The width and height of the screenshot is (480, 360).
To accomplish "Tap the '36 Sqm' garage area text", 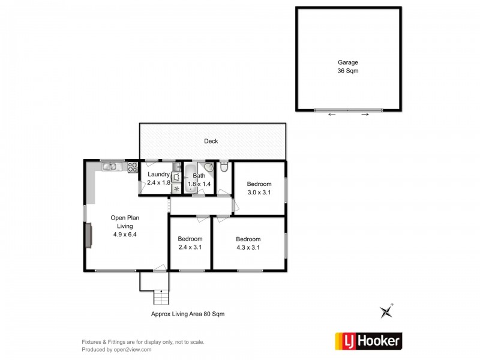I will (348, 70).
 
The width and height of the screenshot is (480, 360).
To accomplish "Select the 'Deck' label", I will (211, 142).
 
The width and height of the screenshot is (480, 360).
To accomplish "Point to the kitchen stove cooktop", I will (132, 167).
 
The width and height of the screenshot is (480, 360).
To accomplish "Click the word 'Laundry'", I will (158, 175).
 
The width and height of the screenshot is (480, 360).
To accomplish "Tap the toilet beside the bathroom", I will (223, 166).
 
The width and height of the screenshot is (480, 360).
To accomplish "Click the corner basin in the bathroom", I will (208, 168).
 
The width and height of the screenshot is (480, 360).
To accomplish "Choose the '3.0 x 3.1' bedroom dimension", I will (259, 193).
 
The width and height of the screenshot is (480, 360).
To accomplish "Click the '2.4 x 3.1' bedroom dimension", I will (190, 247).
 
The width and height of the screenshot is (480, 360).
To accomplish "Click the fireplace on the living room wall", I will (89, 235).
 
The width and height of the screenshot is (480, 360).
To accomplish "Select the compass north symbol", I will (385, 311).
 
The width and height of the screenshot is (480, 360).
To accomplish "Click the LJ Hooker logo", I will (367, 341).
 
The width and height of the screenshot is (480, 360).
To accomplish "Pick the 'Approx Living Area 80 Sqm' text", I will (187, 314).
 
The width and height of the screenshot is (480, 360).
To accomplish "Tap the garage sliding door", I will (348, 110).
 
